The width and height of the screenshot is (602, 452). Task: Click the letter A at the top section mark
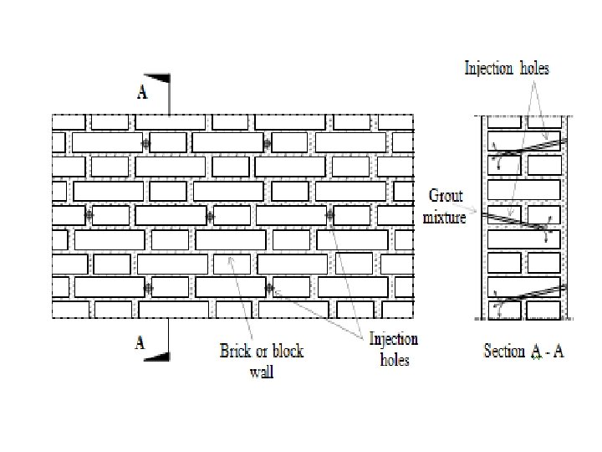click(x=142, y=92)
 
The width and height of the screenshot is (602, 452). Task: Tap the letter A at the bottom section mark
click(x=140, y=342)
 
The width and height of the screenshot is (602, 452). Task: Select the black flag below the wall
click(x=156, y=356)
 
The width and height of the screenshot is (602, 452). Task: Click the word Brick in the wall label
click(x=234, y=351)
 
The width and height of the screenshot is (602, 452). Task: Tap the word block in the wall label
click(x=287, y=351)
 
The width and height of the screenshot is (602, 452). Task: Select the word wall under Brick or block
click(x=262, y=371)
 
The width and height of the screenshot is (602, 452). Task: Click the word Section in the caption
click(x=504, y=352)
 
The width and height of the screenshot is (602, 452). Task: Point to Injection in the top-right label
click(x=488, y=69)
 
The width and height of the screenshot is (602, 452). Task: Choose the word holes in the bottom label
click(x=395, y=361)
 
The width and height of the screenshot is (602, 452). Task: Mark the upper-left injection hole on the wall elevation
click(x=145, y=144)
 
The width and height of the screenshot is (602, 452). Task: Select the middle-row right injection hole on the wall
click(x=329, y=215)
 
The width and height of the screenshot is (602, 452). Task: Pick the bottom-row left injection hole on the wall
click(x=148, y=289)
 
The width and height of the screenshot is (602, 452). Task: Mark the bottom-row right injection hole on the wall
click(x=269, y=289)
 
